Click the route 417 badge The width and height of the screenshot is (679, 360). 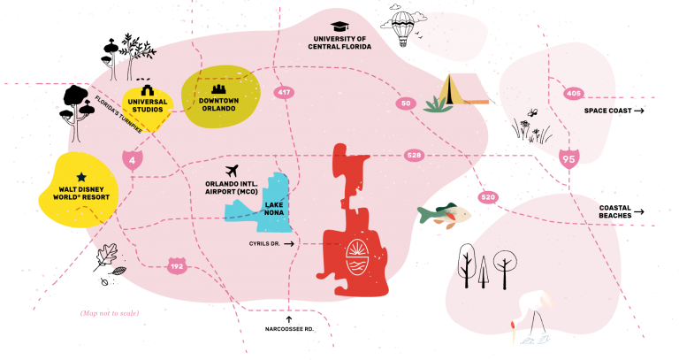[x=284, y=92]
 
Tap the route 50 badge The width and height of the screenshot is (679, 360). [x=406, y=103]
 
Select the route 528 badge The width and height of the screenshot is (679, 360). [x=414, y=156]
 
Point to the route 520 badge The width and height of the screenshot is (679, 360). [x=488, y=197]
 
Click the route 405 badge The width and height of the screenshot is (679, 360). [x=573, y=93]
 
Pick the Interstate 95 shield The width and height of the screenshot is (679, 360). [x=568, y=158]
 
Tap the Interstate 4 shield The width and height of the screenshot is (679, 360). [x=132, y=160]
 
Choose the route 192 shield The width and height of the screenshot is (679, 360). [x=177, y=266]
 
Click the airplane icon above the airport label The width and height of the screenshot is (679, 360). [x=233, y=171]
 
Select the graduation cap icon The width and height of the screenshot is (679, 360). [x=339, y=27]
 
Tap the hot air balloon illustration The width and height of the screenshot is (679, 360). [x=403, y=28]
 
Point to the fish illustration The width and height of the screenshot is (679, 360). [x=444, y=213]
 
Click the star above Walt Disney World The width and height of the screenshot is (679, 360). [x=81, y=177]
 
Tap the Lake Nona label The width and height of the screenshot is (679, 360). [x=274, y=209]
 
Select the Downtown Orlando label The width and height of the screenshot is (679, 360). [x=218, y=104]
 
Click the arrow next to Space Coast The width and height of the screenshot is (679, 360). [x=639, y=111]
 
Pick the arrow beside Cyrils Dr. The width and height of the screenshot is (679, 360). [x=289, y=244]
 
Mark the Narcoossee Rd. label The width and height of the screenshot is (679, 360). [x=289, y=329]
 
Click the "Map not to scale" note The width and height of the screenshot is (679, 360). [x=110, y=313]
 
